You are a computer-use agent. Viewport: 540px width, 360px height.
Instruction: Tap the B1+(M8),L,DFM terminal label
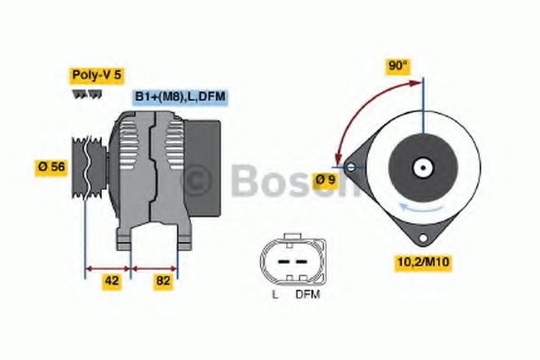[x=179, y=96]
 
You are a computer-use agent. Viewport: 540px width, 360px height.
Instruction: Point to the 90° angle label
[x=398, y=66]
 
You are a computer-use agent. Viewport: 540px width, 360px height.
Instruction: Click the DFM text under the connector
[x=307, y=294]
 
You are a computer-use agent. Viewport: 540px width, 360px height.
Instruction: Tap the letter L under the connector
[x=275, y=294]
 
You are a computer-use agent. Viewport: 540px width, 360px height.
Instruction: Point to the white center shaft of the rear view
[x=420, y=167]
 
